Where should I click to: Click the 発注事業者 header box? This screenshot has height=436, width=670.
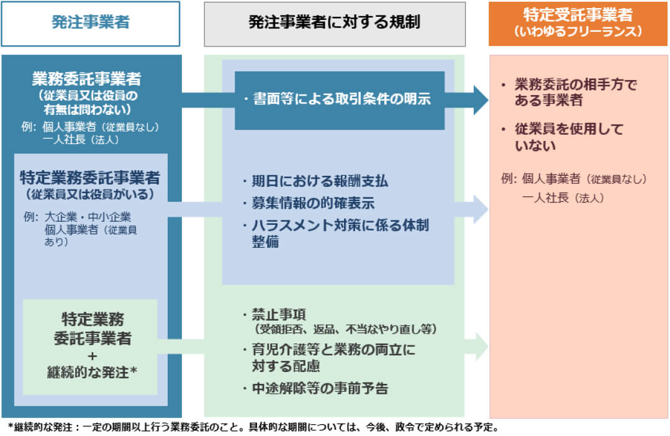[91, 24]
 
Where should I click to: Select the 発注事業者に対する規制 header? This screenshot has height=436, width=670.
[334, 24]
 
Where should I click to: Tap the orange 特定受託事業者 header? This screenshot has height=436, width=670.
[578, 16]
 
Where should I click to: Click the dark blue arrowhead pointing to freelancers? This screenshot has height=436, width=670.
[480, 99]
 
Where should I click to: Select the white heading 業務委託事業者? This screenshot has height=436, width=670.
[86, 79]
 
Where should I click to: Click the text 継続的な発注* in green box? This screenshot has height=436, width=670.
[92, 373]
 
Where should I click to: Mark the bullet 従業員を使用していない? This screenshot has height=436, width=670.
[568, 137]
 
